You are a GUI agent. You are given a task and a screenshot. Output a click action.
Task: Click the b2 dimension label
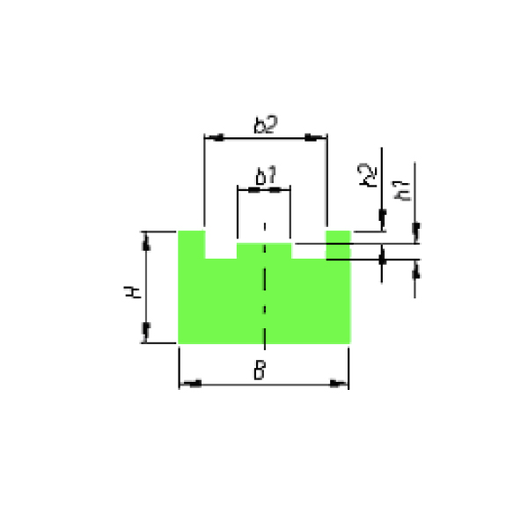(x=266, y=125)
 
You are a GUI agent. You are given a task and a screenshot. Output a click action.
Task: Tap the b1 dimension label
(x=266, y=175)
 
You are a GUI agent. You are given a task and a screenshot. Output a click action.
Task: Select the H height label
(x=133, y=291)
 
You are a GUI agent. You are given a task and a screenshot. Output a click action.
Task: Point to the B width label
(x=260, y=370)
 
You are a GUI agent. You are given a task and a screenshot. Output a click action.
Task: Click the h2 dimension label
(x=367, y=175)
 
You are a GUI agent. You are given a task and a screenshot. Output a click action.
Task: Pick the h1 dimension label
(x=401, y=191)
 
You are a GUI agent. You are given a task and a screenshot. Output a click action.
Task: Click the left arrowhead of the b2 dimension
(x=215, y=137)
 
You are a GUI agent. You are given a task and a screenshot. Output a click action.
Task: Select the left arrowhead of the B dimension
(x=191, y=384)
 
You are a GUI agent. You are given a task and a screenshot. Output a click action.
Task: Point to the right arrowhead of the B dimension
(x=339, y=384)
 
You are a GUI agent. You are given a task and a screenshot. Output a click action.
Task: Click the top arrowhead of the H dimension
(x=146, y=241)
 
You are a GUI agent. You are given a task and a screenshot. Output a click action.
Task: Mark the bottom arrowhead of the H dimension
(x=146, y=332)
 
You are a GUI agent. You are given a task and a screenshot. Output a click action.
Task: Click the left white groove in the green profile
(x=221, y=245)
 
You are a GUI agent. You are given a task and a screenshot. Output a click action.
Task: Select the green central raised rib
(x=264, y=251)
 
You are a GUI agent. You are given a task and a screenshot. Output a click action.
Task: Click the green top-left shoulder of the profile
(x=192, y=245)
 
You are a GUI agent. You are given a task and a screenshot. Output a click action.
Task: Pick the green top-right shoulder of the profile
(x=338, y=245)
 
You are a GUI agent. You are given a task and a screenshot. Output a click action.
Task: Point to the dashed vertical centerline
(x=265, y=286)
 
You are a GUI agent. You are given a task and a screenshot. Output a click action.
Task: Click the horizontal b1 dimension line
(x=264, y=190)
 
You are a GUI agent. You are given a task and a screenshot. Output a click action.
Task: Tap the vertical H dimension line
(x=146, y=287)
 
